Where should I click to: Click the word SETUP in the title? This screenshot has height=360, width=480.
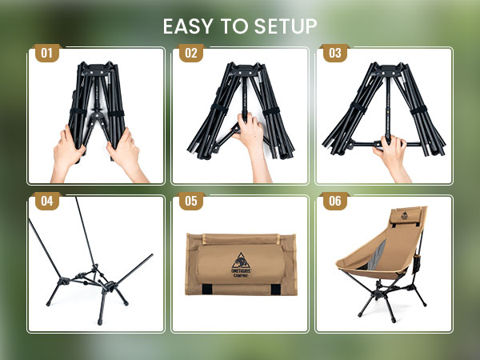click(284, 26)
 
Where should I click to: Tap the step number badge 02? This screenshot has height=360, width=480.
click(190, 54)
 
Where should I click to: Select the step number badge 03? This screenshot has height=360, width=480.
click(334, 54)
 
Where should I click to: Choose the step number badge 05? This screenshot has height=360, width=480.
click(190, 201)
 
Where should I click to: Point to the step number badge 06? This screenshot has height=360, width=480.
click(334, 201)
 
